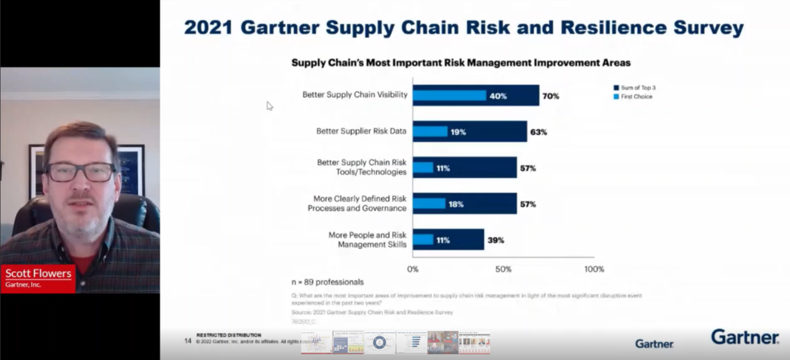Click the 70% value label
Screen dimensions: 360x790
[x=550, y=96]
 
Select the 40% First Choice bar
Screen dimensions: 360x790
[x=449, y=96]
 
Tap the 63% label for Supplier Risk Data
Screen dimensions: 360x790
[x=539, y=132]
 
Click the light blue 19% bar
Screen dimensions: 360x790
[x=430, y=132]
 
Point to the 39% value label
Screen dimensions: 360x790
[x=495, y=240]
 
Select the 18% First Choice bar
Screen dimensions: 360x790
[x=429, y=204]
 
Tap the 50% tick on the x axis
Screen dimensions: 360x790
[x=503, y=269]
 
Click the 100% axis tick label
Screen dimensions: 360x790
[x=594, y=269]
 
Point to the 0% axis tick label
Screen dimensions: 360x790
[x=413, y=269]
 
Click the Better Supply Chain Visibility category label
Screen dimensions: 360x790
[x=355, y=95]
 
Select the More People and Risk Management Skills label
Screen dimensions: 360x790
[x=368, y=240]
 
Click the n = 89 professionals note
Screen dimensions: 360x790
[x=327, y=282]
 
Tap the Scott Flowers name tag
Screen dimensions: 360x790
[x=38, y=278]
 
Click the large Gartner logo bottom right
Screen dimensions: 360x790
[x=745, y=337]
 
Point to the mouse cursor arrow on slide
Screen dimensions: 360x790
[x=269, y=105]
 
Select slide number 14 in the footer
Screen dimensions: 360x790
[x=188, y=340]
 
